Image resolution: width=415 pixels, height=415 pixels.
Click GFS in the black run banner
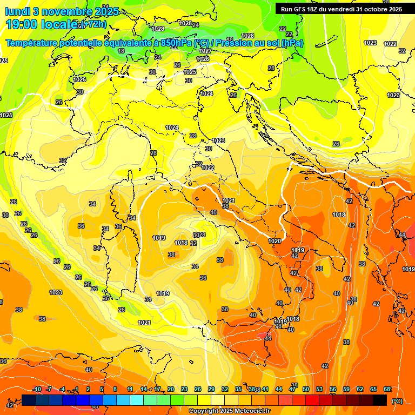click(x=302, y=9)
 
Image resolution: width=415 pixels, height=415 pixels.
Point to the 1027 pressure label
click(x=205, y=51)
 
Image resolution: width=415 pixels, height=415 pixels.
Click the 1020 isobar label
click(x=275, y=241)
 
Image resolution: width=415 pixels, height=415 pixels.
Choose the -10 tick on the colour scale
click(x=37, y=390)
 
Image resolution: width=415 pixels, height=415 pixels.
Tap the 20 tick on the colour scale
click(x=170, y=390)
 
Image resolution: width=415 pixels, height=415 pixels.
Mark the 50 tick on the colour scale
click(x=306, y=390)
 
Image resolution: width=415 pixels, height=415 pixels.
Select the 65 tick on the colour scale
click(x=373, y=390)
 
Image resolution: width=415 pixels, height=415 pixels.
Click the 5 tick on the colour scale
click(x=102, y=390)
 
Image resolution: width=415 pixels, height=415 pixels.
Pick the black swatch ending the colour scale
click(x=380, y=400)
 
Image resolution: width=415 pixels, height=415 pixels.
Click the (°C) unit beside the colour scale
click(x=397, y=400)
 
